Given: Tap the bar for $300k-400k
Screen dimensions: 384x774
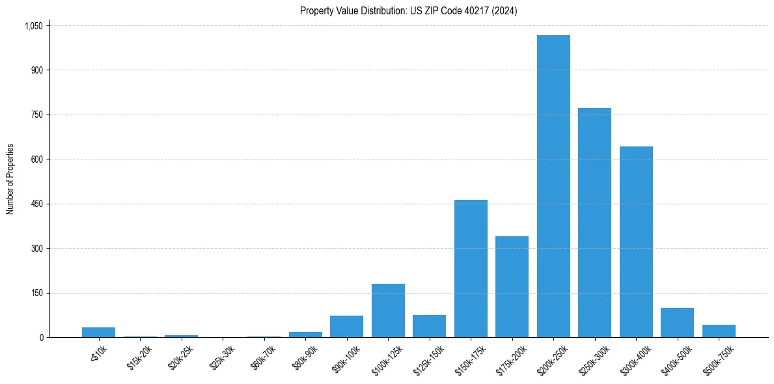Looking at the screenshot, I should pos(636,242).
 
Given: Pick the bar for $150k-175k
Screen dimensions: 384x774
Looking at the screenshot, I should pos(471,269).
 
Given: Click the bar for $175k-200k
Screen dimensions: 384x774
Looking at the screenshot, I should pos(512,287).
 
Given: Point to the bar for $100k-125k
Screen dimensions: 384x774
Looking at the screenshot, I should pos(388,310).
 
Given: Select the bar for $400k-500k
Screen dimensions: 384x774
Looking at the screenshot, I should pos(677,323).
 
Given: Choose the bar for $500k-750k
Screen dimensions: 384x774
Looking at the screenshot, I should pos(719,331).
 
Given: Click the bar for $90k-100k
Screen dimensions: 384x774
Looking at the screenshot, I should pos(346,327).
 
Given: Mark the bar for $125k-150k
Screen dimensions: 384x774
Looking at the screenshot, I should pos(429,326).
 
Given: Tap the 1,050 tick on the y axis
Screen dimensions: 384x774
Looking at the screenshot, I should pos(33,26).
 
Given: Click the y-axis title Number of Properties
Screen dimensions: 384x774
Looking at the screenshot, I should pos(10,179).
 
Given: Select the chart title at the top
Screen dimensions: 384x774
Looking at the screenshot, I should pos(408,10).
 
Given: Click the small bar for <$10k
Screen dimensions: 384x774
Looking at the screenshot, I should pos(98,333).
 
